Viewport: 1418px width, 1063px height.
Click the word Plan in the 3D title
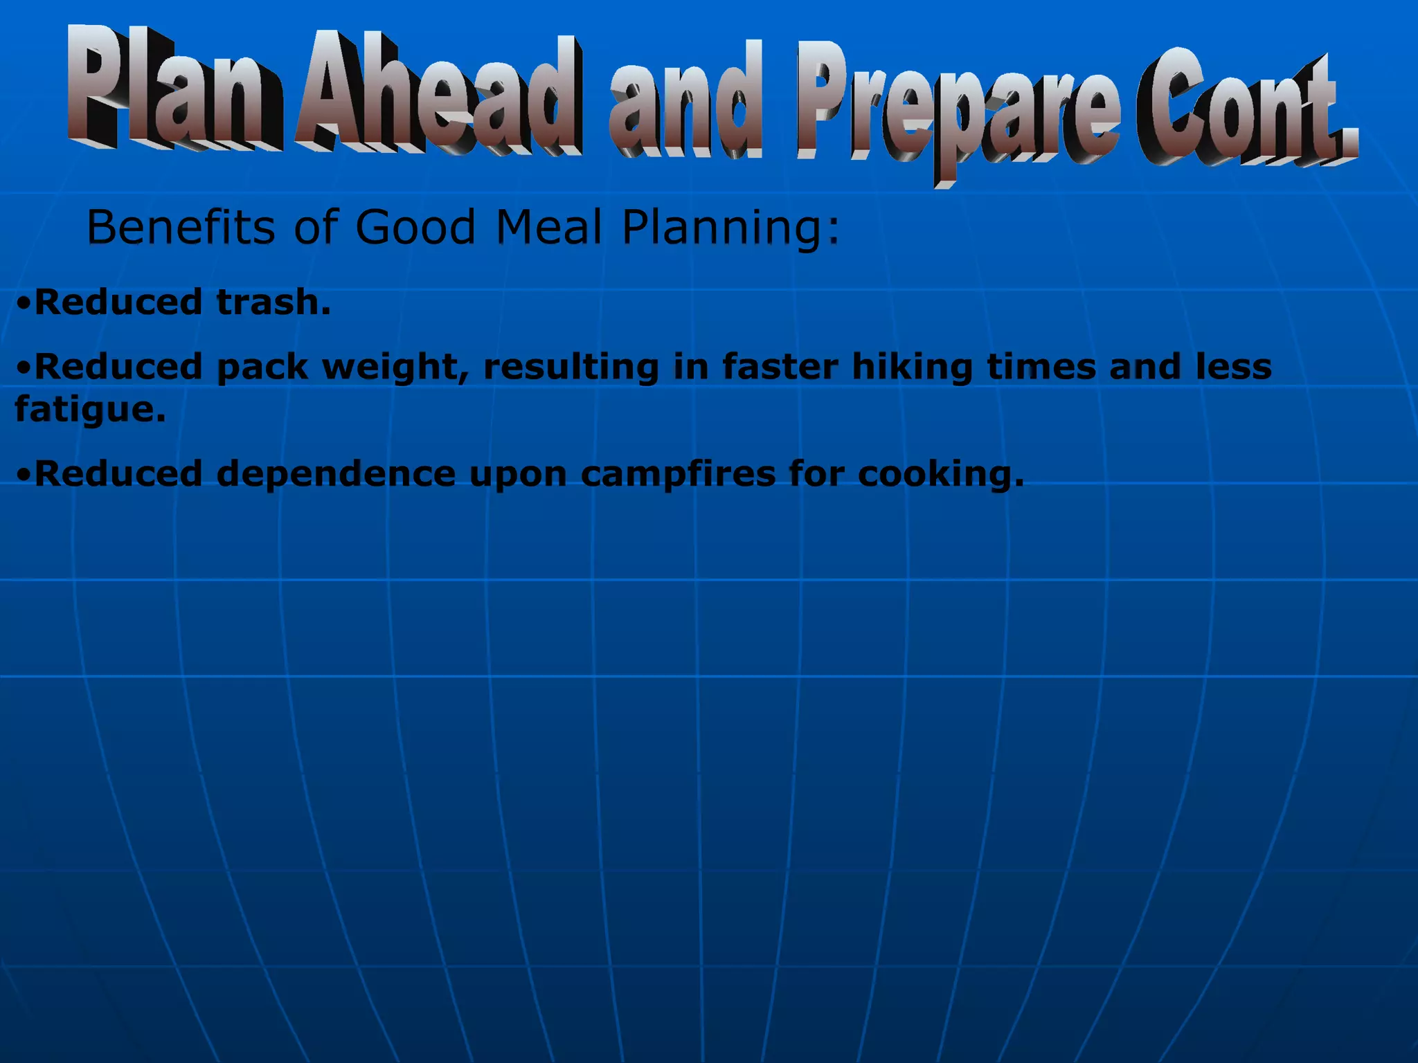[173, 90]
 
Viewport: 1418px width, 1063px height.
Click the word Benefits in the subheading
[180, 227]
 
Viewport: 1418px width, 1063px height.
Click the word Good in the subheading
[415, 227]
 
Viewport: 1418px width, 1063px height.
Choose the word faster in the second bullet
[780, 366]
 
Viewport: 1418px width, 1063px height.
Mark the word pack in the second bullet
[262, 367]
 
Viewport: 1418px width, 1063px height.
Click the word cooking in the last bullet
[939, 475]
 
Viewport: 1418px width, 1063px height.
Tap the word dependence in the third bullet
[336, 474]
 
